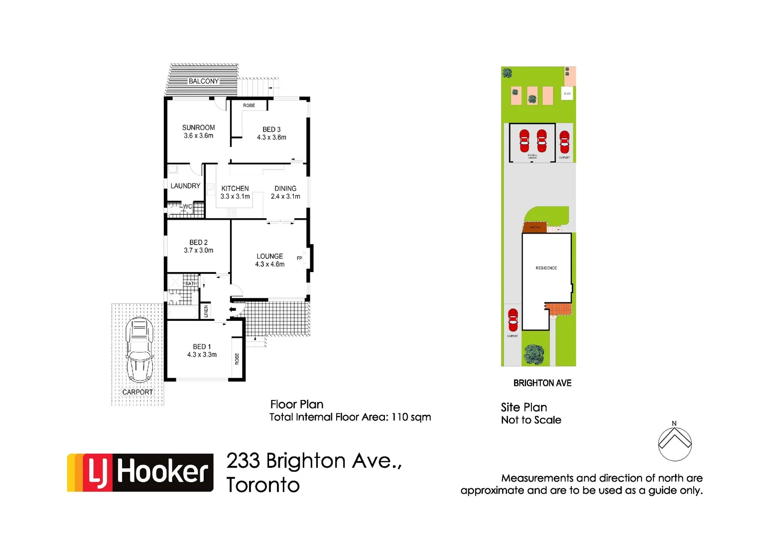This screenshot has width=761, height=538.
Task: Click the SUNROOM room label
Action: point(198,128)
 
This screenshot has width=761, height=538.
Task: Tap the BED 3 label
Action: point(271,130)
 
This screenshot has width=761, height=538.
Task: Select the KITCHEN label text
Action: point(235,188)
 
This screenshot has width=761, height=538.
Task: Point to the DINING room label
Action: point(285,188)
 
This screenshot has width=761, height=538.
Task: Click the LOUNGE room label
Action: point(269,256)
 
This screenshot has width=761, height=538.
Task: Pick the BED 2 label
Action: point(198,243)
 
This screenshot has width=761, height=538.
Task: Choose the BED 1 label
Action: point(202,347)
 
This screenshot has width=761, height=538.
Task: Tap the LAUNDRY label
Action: point(185,186)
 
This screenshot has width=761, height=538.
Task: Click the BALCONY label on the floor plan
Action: point(203,81)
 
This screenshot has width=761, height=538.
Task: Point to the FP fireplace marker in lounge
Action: point(299,258)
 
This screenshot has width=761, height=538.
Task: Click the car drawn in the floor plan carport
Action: point(139,349)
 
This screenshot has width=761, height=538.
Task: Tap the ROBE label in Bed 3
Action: point(249,106)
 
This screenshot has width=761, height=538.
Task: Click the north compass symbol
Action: point(674,443)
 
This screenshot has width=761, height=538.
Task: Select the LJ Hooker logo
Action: point(140,472)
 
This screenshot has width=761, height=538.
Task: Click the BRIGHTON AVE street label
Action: point(542,383)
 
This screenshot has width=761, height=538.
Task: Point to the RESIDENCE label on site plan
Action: point(546,268)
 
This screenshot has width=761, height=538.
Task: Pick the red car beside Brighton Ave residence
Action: point(513,320)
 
